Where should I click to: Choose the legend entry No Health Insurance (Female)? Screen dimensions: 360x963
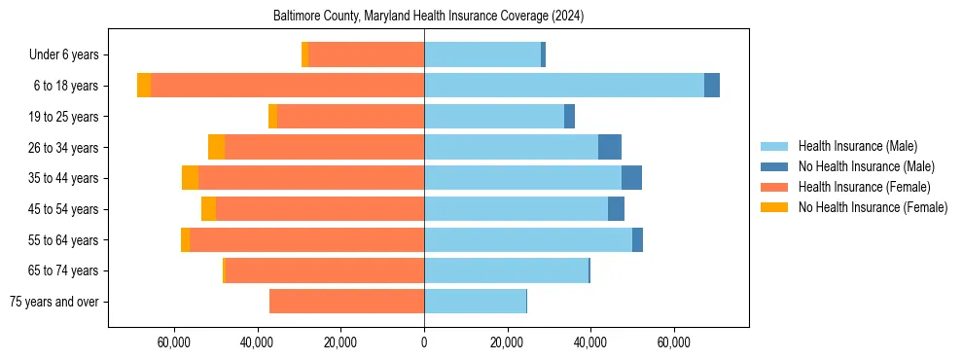point(872,207)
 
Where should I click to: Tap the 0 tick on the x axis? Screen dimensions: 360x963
point(424,342)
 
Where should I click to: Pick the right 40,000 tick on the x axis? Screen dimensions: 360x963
point(590,342)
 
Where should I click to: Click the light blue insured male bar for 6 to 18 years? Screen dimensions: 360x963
point(564,86)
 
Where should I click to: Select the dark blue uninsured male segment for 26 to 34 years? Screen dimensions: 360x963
point(610,147)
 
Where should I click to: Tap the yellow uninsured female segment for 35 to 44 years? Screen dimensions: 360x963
point(190,178)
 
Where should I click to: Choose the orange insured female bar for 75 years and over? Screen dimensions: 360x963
point(346,302)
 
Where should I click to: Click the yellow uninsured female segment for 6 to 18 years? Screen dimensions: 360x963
point(144,86)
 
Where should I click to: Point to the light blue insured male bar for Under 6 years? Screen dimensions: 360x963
point(482,54)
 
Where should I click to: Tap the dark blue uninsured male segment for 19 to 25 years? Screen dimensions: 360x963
point(569,117)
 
